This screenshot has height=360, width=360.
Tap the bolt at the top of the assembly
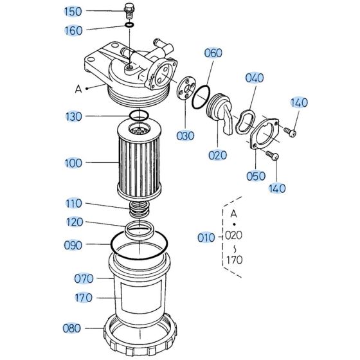point(129,11)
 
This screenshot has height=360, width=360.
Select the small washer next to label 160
point(129,26)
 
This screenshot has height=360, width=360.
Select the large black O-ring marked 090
point(139,245)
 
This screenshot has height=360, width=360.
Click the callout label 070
point(84,278)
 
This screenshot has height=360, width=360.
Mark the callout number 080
point(72,328)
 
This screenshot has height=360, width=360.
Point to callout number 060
point(213,54)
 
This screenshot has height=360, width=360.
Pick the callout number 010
point(206,239)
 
